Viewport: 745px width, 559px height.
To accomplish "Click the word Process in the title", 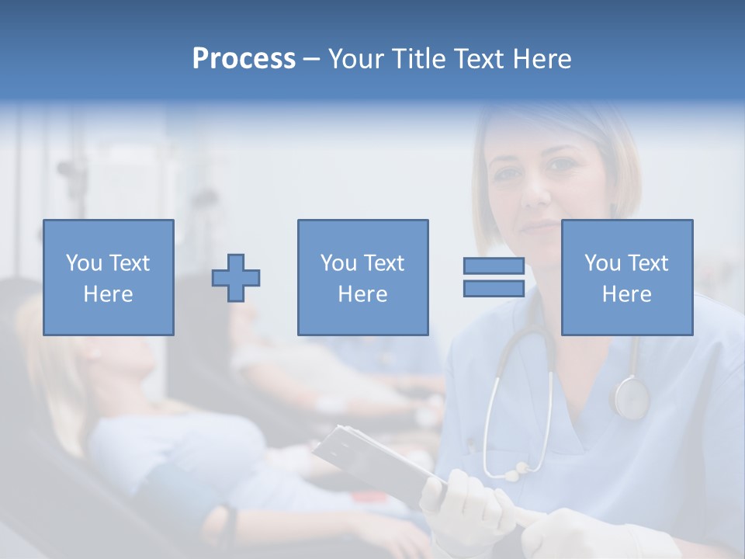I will tap(244, 59).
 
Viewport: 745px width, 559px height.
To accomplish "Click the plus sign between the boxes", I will tap(236, 277).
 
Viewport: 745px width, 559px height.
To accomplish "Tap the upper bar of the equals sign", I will tap(494, 266).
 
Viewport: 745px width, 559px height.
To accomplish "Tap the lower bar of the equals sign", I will tap(494, 288).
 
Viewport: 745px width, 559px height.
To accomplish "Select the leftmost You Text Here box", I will tap(109, 277).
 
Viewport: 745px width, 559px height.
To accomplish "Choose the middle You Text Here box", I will tap(362, 277).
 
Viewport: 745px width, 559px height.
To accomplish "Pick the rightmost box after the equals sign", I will tap(627, 277).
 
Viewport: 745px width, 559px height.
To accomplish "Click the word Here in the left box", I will tap(109, 294).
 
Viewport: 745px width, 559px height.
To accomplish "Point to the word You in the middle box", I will tap(338, 263).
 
